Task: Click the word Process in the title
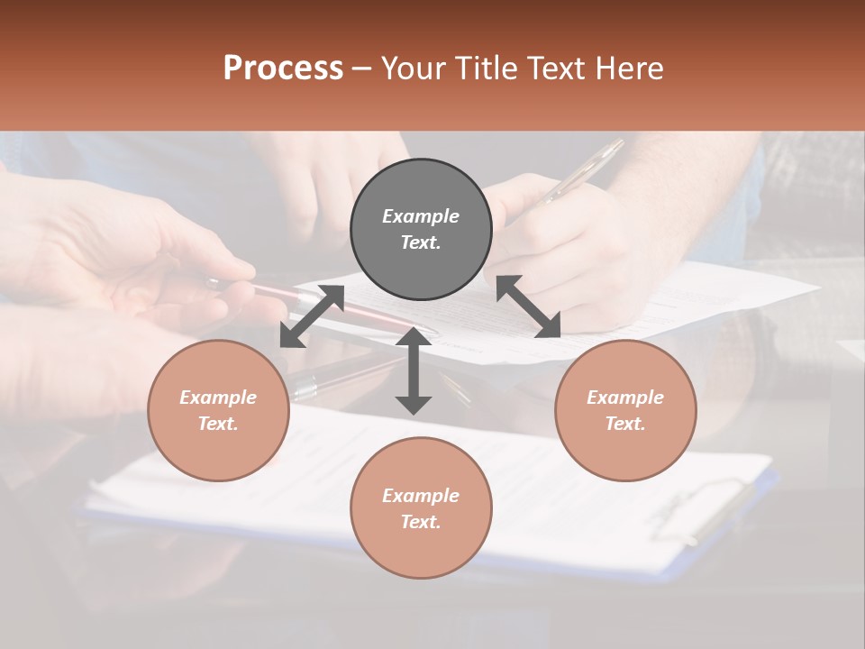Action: coord(283,69)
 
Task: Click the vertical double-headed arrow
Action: coord(414,370)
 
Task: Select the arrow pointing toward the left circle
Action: coord(312,316)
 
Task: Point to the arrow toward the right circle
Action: coord(528,306)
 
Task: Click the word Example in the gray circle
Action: coord(421,216)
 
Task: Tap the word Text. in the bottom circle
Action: coord(421,522)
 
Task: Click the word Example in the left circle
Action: coord(218,398)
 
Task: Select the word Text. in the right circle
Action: coord(625,424)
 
